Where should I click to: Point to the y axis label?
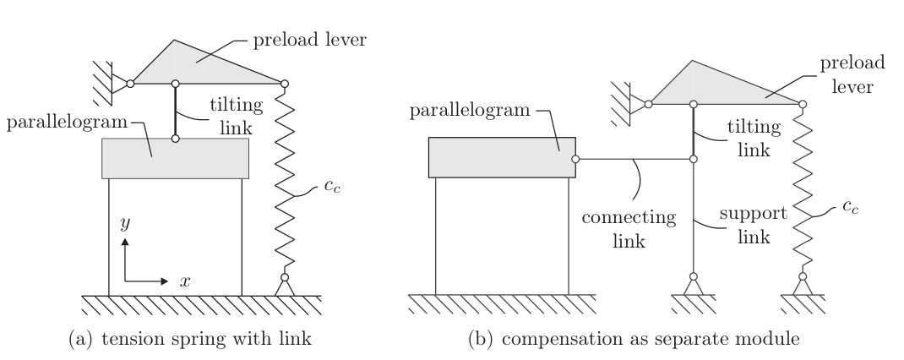point(124,226)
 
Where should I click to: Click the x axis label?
point(185,280)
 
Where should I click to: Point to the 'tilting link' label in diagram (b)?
point(749,138)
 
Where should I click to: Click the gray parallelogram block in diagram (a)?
point(175,158)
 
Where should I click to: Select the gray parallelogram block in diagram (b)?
point(502,158)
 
